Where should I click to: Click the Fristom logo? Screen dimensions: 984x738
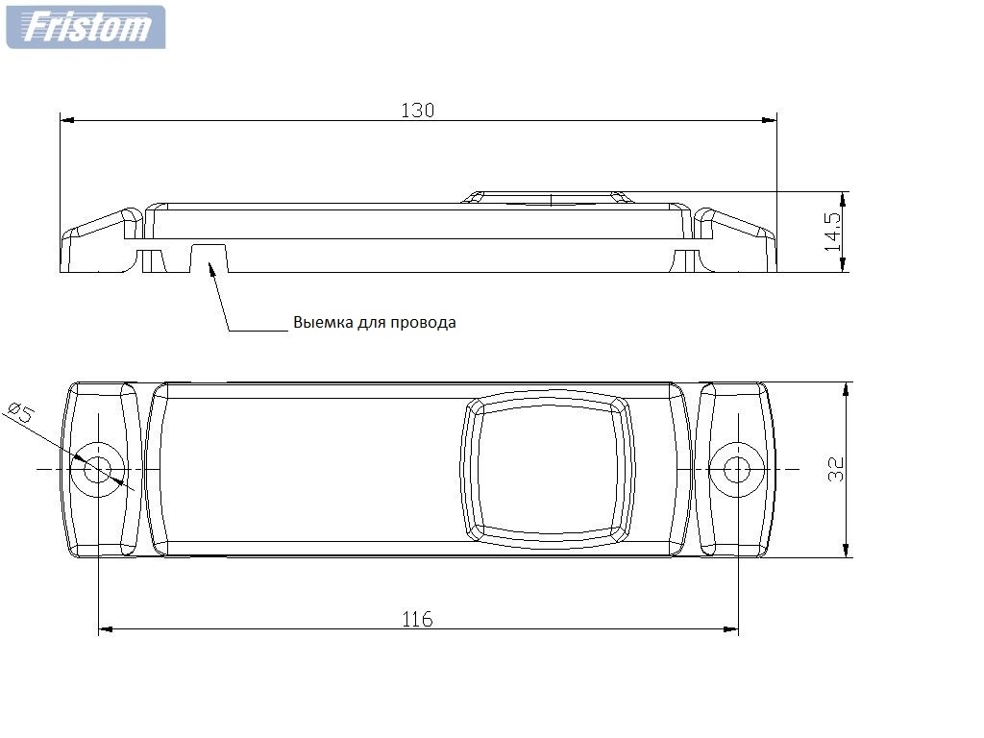(x=86, y=27)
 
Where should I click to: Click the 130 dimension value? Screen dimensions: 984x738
(x=417, y=111)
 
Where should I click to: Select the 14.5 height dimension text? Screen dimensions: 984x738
(x=833, y=231)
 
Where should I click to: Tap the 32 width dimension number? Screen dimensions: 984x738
(x=836, y=469)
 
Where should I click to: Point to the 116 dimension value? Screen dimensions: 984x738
(x=417, y=620)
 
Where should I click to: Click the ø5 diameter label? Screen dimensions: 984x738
(x=21, y=412)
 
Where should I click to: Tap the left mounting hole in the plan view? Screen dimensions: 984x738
(x=97, y=469)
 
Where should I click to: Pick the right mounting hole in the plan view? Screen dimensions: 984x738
(x=737, y=469)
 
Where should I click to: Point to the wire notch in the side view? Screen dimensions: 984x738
(x=209, y=258)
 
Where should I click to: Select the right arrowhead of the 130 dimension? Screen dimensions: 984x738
(x=770, y=120)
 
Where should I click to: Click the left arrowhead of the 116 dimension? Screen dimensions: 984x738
(x=107, y=628)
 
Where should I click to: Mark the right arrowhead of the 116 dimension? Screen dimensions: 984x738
(x=730, y=628)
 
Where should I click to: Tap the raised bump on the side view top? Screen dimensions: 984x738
(x=551, y=197)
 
